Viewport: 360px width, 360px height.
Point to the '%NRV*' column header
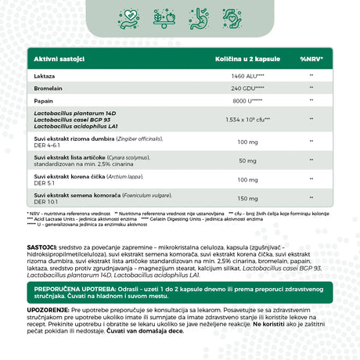coord(311,59)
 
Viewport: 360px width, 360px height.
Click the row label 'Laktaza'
coord(45,76)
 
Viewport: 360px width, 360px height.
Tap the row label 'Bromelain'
coord(48,91)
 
